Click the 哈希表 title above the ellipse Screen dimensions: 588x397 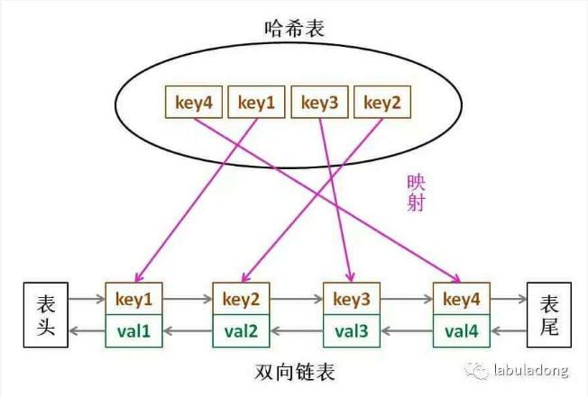pyautogui.click(x=294, y=29)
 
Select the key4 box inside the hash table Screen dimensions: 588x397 pyautogui.click(x=194, y=102)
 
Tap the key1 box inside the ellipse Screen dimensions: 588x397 pyautogui.click(x=256, y=102)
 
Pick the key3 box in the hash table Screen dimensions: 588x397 pyautogui.click(x=320, y=102)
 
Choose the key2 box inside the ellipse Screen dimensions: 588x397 pyautogui.click(x=382, y=102)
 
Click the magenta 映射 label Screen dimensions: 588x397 pyautogui.click(x=417, y=193)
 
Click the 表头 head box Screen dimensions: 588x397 pyautogui.click(x=46, y=315)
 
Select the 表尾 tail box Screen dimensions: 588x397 pyautogui.click(x=549, y=315)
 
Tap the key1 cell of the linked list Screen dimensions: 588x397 pyautogui.click(x=133, y=299)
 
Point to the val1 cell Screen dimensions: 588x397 pyautogui.click(x=133, y=331)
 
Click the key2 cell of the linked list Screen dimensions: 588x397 pyautogui.click(x=241, y=299)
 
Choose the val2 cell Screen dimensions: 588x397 pyautogui.click(x=241, y=331)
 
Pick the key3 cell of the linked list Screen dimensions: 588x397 pyautogui.click(x=352, y=299)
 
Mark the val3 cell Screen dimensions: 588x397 pyautogui.click(x=352, y=331)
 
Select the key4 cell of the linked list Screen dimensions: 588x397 pyautogui.click(x=462, y=299)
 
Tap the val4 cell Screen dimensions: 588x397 pyautogui.click(x=462, y=331)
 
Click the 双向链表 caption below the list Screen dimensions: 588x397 pyautogui.click(x=295, y=372)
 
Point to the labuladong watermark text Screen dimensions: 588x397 pyautogui.click(x=530, y=370)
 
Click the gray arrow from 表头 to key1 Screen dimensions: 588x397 pyautogui.click(x=87, y=299)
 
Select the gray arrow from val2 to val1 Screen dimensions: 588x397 pyautogui.click(x=188, y=331)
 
